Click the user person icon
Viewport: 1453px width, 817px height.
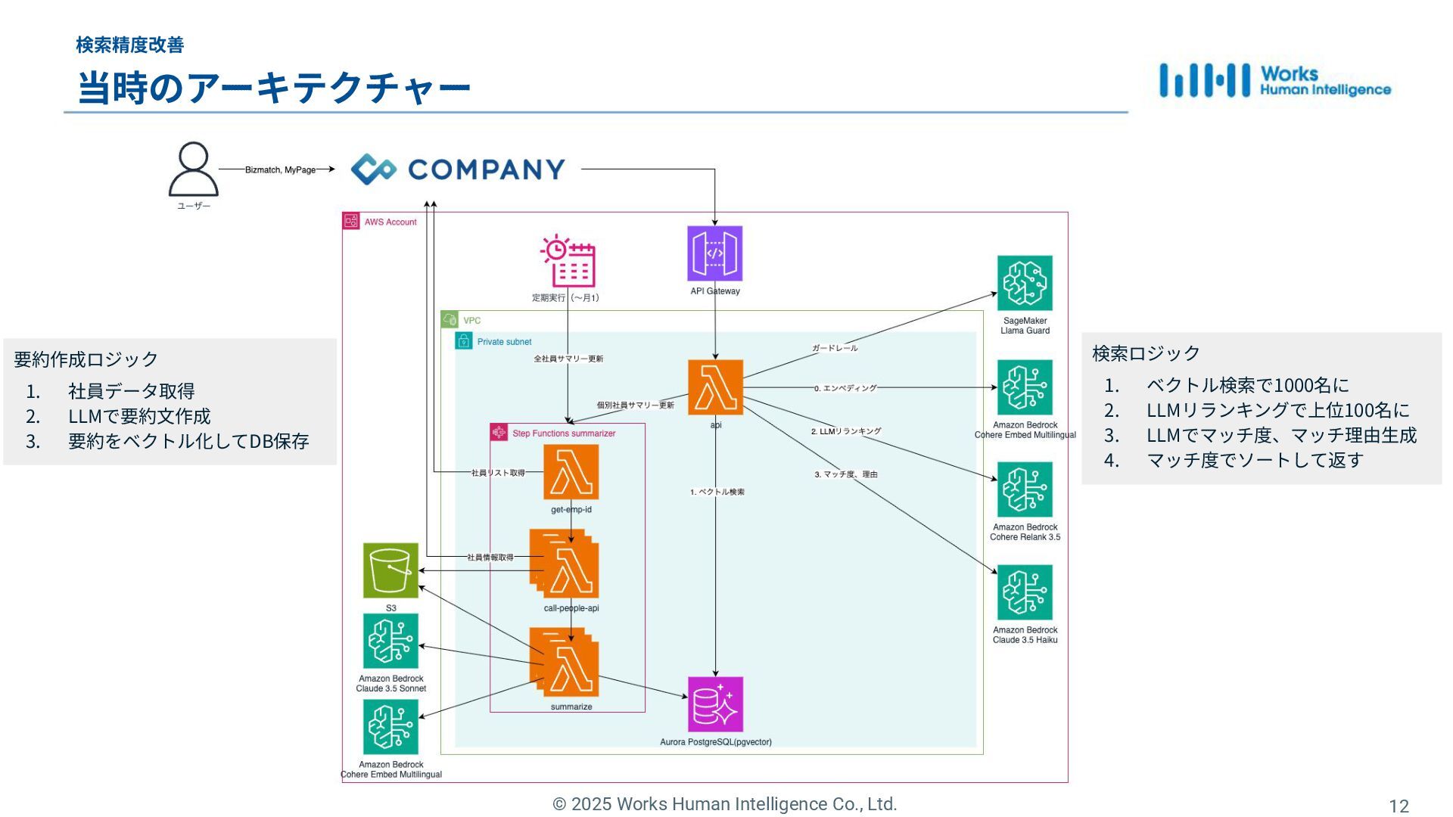193,169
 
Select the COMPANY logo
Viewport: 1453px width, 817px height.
458,169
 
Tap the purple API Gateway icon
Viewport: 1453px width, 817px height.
714,253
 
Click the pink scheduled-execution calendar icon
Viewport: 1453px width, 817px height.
568,261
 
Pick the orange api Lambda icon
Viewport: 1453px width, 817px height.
715,387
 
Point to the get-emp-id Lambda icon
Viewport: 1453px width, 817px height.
571,472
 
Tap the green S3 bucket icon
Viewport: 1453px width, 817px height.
390,570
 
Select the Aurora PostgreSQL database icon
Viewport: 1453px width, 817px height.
715,704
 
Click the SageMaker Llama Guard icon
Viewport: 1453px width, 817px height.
1025,283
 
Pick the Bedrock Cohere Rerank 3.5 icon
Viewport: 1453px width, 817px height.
1025,489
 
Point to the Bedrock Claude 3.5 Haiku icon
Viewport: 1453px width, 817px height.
1025,592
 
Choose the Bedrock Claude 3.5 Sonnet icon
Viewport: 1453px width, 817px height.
390,641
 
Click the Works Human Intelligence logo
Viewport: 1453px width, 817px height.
1275,80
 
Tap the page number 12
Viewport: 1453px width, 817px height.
1399,806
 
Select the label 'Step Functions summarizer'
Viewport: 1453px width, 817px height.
564,433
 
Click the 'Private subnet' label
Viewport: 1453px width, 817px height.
504,342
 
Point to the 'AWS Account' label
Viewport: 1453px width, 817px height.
390,222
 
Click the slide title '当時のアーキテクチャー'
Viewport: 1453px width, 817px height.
274,88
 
